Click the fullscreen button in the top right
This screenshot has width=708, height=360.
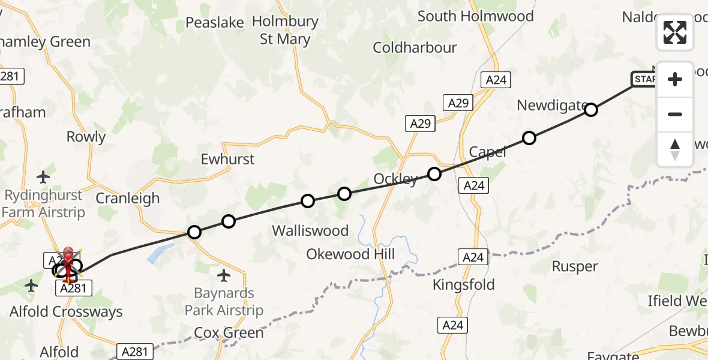point(675,32)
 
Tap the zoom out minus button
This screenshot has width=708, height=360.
point(675,115)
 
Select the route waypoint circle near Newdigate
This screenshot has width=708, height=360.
point(591,110)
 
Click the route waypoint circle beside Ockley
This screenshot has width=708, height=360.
point(434,174)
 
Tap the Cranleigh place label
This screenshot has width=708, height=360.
point(128,199)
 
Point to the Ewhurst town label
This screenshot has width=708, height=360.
point(227,160)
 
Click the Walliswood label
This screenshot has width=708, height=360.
point(310,231)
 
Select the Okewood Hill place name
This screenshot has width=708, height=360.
point(350,254)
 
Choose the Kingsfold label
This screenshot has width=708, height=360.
point(464,284)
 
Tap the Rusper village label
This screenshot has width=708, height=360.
point(574,266)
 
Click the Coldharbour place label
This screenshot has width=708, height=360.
point(415,48)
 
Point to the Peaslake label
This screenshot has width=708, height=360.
point(214,23)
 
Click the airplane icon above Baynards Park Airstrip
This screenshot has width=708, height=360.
point(224,275)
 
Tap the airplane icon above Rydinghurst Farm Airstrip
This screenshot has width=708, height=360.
point(43,177)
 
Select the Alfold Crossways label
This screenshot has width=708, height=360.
point(66,312)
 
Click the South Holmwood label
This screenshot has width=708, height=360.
point(475,16)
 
